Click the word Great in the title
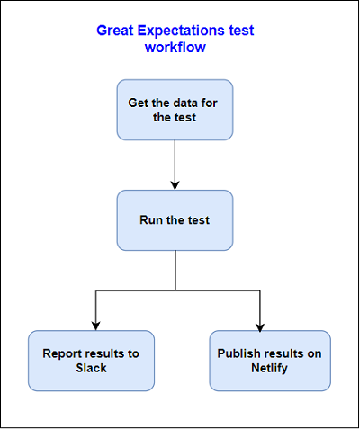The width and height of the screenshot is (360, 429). (115, 30)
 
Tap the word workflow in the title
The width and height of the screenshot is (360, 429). (175, 47)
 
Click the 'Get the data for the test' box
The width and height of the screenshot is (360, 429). (175, 110)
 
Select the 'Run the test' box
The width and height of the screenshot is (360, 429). (175, 220)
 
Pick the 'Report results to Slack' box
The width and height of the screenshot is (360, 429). (91, 361)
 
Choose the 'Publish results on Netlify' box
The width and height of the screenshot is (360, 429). (268, 361)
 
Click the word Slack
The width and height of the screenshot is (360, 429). (91, 369)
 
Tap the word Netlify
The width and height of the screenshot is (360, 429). (268, 369)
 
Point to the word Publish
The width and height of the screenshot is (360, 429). (238, 353)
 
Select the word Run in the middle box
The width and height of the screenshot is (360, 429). (150, 220)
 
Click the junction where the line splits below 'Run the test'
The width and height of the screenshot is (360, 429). (175, 290)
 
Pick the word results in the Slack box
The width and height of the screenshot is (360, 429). (105, 353)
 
